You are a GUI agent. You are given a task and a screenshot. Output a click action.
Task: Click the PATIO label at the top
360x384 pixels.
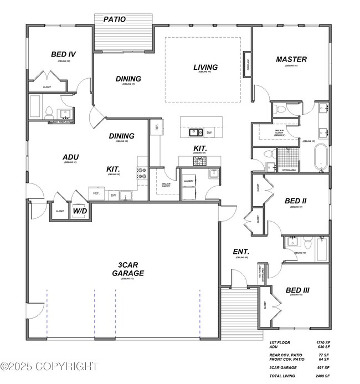(115, 19)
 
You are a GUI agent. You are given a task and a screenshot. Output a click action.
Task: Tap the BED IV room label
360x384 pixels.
(63, 54)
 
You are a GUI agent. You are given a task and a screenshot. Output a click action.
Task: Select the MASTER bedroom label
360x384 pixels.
(291, 59)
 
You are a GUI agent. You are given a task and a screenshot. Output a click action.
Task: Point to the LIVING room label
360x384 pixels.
(205, 67)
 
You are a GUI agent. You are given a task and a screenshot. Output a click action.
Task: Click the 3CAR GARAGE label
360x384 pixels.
(128, 269)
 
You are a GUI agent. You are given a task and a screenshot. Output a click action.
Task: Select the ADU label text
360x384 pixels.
(70, 157)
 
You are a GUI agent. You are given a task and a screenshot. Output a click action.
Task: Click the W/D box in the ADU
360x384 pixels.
(80, 211)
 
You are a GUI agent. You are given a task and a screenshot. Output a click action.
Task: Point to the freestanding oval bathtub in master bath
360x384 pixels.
(321, 157)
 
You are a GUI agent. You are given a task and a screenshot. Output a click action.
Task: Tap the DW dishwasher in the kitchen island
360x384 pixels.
(209, 132)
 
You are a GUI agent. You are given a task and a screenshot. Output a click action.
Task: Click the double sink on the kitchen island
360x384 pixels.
(196, 132)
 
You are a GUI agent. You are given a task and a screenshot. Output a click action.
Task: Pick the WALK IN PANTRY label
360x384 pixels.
(166, 185)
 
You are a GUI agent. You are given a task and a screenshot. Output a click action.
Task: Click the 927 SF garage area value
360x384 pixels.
(323, 367)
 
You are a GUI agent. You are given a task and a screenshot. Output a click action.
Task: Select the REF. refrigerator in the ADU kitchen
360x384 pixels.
(96, 193)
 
